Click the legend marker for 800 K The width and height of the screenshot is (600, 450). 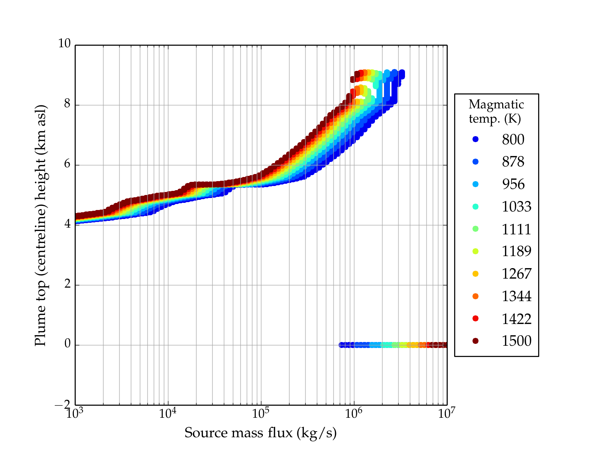[x=475, y=139]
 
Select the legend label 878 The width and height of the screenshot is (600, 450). [x=513, y=162]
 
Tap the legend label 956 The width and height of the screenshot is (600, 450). [x=513, y=184]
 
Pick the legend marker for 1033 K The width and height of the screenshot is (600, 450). [x=475, y=207]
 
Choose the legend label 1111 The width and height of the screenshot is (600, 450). [x=516, y=229]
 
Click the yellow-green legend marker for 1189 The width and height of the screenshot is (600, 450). [x=475, y=251]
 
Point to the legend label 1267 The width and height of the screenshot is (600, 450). [x=516, y=274]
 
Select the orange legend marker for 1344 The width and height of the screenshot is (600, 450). [x=475, y=296]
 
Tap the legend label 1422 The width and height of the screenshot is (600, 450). [x=516, y=319]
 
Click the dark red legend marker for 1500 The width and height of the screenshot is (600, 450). [x=475, y=341]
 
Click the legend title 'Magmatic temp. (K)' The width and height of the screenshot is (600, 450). [x=496, y=111]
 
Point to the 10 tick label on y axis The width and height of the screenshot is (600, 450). [x=64, y=44]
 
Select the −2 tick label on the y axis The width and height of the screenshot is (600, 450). [x=63, y=405]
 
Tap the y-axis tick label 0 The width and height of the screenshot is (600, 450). [x=67, y=344]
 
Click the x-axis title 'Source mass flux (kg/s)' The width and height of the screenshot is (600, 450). [x=261, y=433]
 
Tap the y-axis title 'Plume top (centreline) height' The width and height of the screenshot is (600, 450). [x=40, y=225]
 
